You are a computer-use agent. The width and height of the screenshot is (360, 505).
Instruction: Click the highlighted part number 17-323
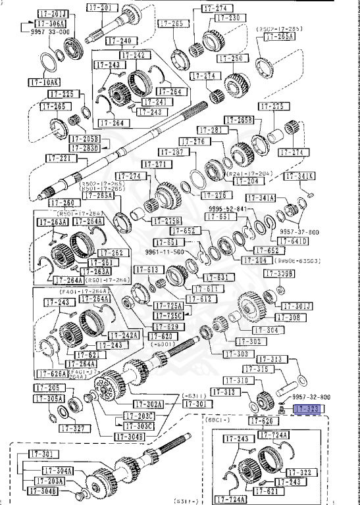[x=307, y=409]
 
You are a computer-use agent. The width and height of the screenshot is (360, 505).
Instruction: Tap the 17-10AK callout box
[x=44, y=82]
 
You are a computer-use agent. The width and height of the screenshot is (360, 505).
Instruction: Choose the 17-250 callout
[x=228, y=59]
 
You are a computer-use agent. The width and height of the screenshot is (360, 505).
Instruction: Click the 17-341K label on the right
[x=299, y=176]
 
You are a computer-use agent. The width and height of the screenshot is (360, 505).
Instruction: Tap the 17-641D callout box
[x=294, y=241]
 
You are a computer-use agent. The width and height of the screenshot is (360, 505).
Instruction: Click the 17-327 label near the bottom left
[x=74, y=428]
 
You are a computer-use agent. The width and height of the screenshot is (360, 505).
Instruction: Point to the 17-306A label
[x=41, y=22]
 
